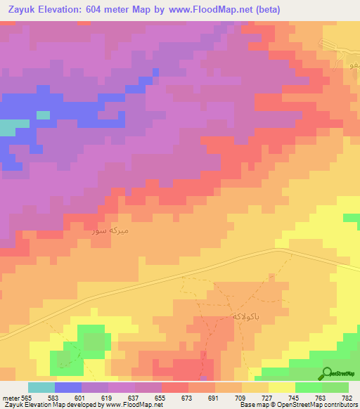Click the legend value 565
coord(22,397)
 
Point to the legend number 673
coord(186,397)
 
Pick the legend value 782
coord(347,397)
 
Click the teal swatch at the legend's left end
coord(41,387)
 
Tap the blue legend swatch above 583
coord(68,387)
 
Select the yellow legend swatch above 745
coord(282,387)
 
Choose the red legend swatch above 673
coord(175,387)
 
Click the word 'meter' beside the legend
coord(8,397)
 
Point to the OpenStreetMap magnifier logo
coord(328,374)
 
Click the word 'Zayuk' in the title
coord(21,9)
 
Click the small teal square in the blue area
coord(43,115)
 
